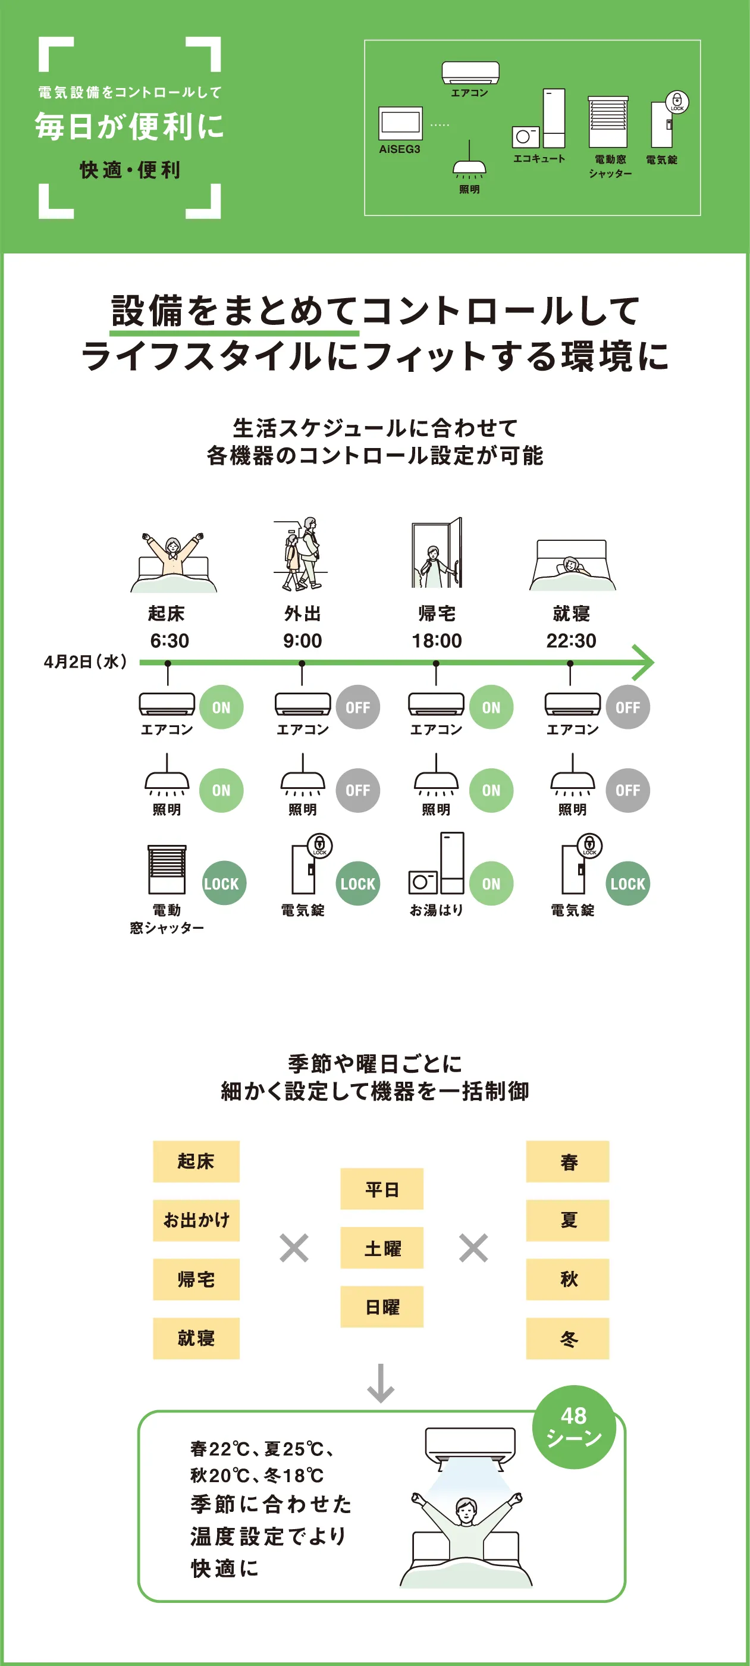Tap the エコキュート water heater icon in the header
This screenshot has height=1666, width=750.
[539, 120]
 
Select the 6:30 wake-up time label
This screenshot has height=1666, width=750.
[170, 640]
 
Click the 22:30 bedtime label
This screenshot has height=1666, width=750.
[571, 640]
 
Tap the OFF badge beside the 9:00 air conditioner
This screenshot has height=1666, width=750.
[357, 707]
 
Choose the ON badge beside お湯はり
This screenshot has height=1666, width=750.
[491, 884]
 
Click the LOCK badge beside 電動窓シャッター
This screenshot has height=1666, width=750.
[221, 884]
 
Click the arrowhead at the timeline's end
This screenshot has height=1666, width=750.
[644, 662]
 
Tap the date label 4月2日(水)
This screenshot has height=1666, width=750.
[84, 662]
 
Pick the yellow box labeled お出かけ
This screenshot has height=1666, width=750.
[196, 1220]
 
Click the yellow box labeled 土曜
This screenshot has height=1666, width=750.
[381, 1248]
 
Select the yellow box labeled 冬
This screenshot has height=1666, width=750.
[567, 1338]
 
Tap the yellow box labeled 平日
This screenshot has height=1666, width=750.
[381, 1189]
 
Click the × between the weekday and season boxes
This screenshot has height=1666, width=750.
[473, 1248]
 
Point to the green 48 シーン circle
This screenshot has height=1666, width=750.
[573, 1426]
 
